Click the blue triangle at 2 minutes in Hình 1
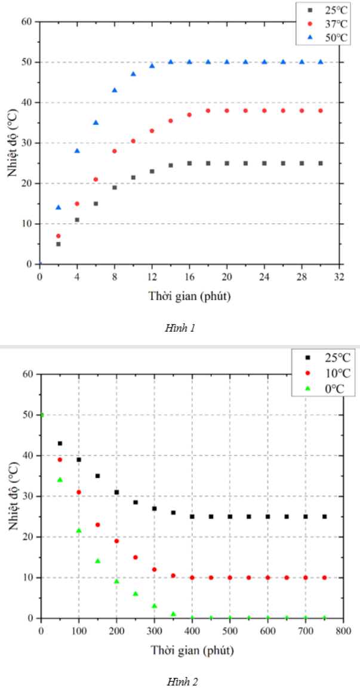[x=59, y=207]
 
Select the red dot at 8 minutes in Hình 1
[x=115, y=151]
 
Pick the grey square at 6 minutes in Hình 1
[x=96, y=203]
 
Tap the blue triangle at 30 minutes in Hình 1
[x=321, y=61]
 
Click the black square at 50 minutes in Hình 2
[x=60, y=443]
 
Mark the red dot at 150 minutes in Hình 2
[x=97, y=525]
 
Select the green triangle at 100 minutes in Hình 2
[x=79, y=530]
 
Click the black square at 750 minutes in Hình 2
[x=324, y=517]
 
